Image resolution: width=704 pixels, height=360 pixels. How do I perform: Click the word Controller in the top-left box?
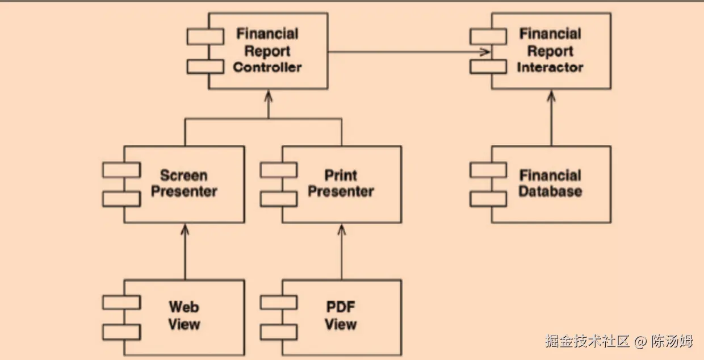(267, 68)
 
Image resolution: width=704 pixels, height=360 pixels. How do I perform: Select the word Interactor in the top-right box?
(550, 68)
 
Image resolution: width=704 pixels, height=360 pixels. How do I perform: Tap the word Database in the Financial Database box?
(550, 191)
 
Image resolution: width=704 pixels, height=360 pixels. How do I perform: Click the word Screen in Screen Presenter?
(183, 175)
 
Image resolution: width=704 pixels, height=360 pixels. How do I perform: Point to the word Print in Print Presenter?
(341, 175)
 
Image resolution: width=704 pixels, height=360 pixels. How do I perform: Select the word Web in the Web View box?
(184, 307)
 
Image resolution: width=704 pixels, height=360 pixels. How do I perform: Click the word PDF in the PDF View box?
(341, 307)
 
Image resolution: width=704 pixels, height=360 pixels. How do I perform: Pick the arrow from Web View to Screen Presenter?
(184, 253)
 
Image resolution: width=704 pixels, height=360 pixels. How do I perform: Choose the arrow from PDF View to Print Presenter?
(341, 253)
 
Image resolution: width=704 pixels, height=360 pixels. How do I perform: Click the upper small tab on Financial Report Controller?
(205, 37)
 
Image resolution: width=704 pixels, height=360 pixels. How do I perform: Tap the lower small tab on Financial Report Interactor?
(488, 66)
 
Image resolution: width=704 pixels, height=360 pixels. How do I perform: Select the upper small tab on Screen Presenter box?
(121, 170)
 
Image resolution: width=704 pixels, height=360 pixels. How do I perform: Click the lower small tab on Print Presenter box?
(278, 199)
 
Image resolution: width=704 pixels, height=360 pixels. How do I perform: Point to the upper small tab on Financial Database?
(488, 170)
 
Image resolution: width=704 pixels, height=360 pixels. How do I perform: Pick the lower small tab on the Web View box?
(121, 332)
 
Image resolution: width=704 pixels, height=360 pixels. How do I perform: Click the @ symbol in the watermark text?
(640, 341)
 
